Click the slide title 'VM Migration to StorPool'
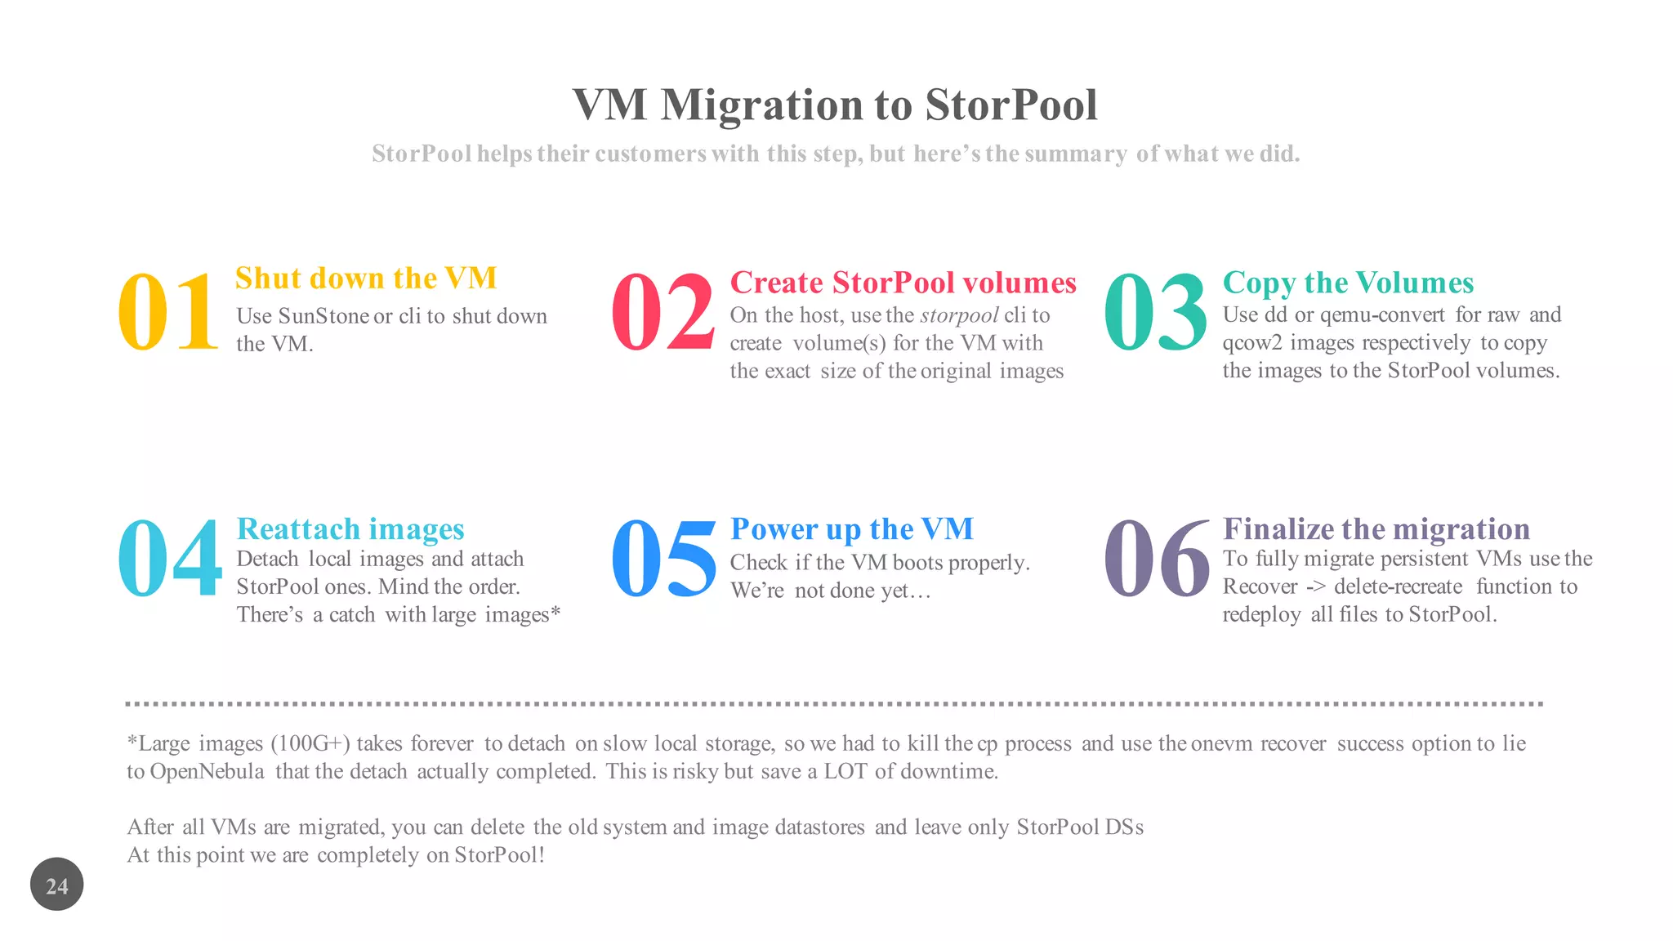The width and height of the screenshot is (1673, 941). [835, 105]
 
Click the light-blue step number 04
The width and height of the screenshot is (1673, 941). [169, 560]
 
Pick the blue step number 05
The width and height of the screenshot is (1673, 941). [663, 560]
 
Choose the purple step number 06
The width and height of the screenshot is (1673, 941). [1156, 560]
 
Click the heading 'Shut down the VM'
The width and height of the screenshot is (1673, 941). [366, 279]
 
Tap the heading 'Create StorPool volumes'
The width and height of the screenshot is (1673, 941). [903, 283]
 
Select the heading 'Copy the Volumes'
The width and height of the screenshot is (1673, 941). [1348, 283]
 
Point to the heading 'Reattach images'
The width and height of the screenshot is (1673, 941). [350, 529]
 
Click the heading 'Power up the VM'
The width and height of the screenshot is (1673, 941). [852, 529]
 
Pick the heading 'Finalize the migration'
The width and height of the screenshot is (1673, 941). [1376, 529]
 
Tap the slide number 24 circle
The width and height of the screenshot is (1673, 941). [57, 885]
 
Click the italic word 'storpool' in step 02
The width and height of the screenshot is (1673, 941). [959, 316]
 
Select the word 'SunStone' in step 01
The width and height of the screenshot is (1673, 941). [323, 316]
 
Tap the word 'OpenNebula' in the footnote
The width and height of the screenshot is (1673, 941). [207, 772]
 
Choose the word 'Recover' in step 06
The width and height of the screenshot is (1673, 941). [1260, 586]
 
